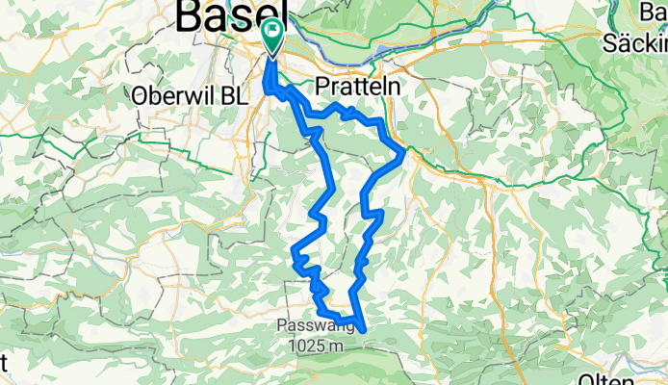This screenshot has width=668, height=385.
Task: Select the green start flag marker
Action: [x=272, y=37]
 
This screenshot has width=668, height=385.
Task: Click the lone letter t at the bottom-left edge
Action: [x=3, y=364]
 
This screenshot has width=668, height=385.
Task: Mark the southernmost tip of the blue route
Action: [x=364, y=329]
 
